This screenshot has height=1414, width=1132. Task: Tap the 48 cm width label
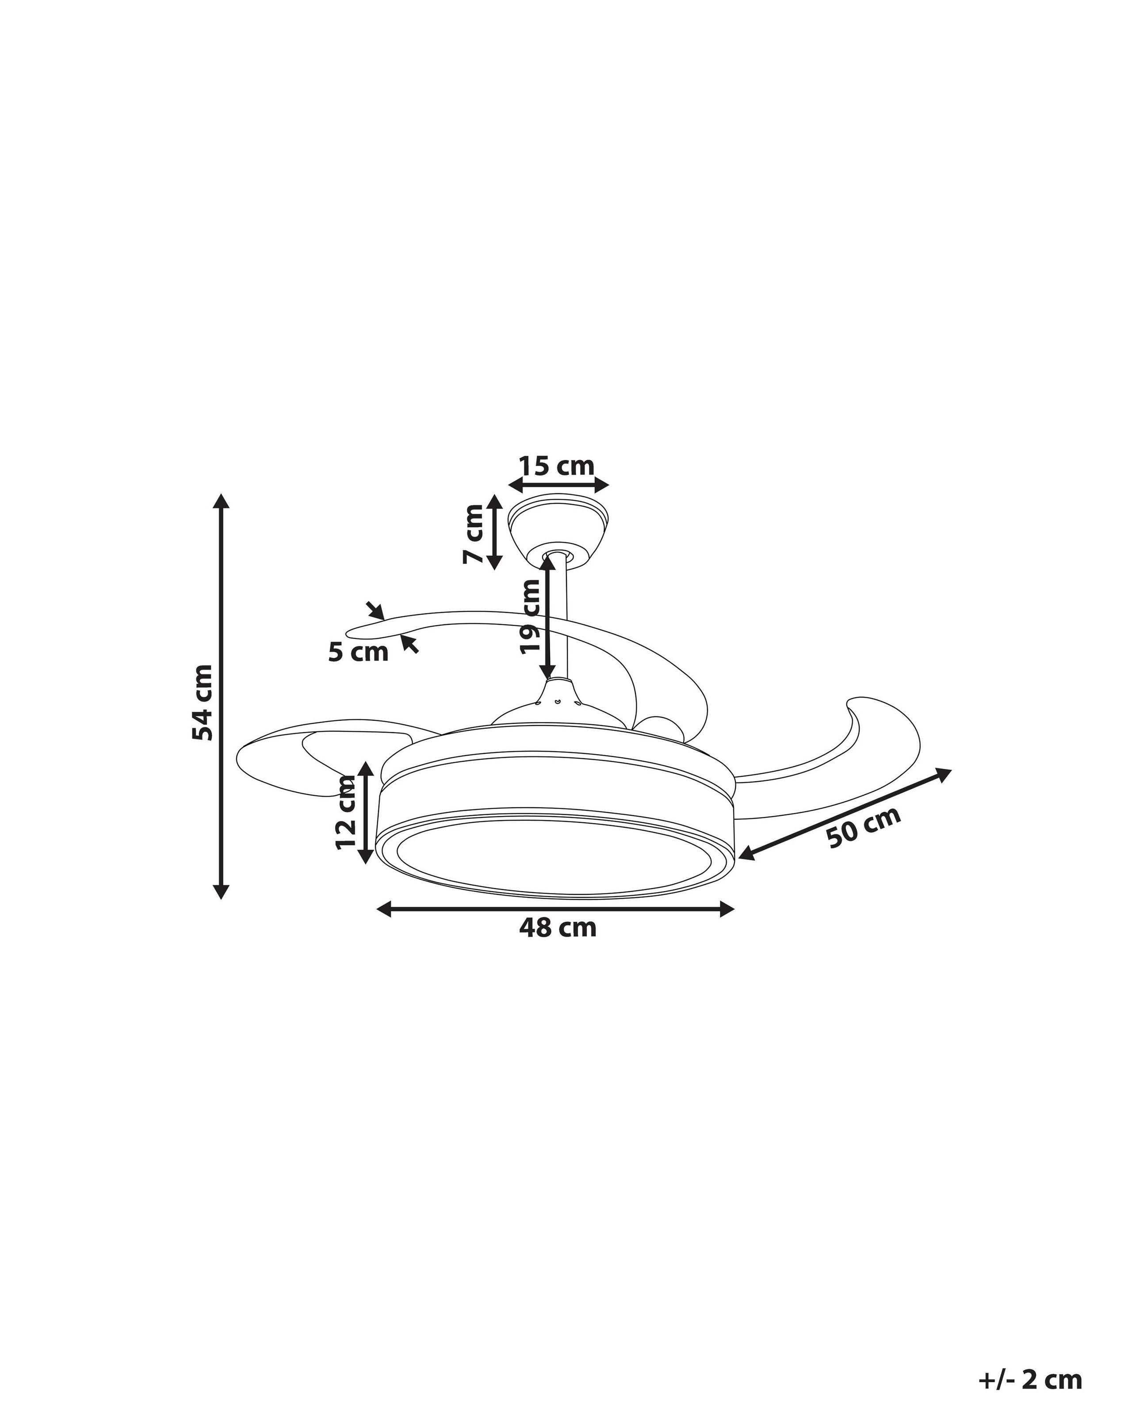tap(558, 928)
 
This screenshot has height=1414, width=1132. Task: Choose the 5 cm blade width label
tap(358, 653)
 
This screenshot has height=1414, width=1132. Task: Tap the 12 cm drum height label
tap(345, 812)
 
